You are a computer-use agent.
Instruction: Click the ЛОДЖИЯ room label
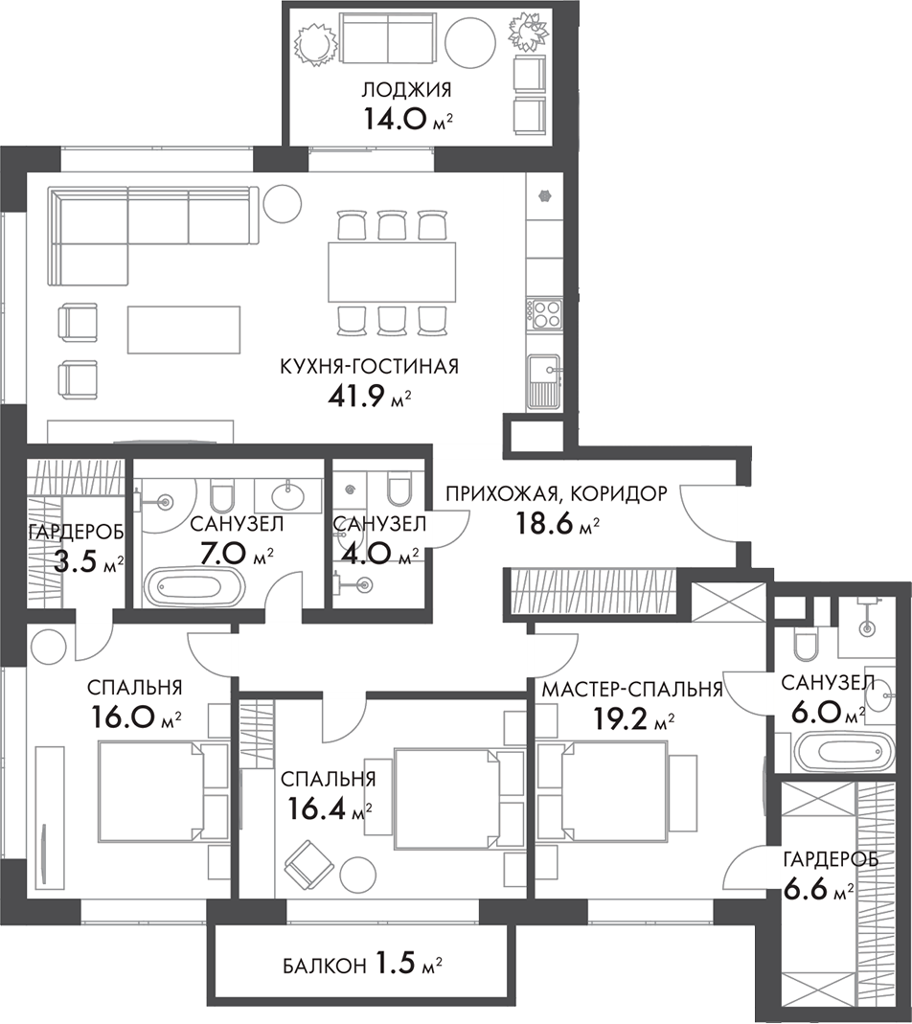point(406,91)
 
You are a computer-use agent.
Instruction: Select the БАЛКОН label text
point(323,966)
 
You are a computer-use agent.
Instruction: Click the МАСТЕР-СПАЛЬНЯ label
point(632,690)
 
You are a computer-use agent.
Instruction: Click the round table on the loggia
point(469,39)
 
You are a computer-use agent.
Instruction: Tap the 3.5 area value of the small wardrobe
point(77,561)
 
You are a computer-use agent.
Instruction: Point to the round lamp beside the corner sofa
point(282,202)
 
